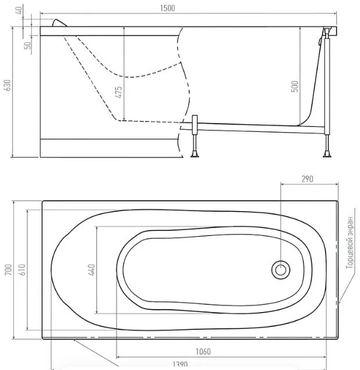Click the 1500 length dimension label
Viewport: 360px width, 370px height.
point(167,8)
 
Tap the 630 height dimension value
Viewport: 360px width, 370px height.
point(7,85)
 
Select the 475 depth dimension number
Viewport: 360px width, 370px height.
point(119,92)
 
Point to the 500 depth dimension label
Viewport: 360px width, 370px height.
point(294,86)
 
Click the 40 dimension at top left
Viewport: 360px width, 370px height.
point(19,10)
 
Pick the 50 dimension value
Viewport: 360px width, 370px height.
point(28,46)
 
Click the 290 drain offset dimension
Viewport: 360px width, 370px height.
point(307,179)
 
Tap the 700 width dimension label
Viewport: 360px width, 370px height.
point(8,270)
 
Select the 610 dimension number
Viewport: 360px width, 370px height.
point(21,270)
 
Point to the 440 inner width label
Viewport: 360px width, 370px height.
point(91,270)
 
